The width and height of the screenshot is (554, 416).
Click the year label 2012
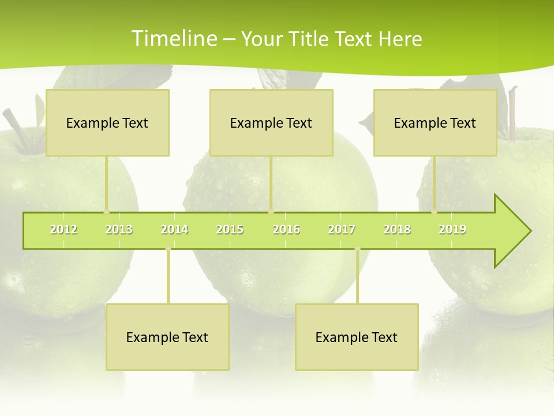63,229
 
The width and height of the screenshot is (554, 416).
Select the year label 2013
119,229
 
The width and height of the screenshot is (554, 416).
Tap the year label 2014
174,229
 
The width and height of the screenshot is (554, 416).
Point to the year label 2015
230,229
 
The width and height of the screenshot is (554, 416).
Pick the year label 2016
286,229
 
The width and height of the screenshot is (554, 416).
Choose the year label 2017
342,229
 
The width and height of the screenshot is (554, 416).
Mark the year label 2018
397,229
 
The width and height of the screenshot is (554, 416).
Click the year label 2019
452,229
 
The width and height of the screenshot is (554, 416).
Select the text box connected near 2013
107,122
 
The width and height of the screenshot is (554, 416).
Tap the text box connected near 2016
271,122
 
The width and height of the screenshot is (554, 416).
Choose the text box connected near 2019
435,122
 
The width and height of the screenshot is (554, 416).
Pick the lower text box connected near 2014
167,337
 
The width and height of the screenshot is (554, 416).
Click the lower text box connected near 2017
357,337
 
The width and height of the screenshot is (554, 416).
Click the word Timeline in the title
173,39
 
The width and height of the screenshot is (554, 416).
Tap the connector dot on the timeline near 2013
106,212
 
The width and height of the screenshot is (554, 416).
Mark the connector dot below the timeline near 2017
357,249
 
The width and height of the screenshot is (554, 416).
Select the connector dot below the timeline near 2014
168,249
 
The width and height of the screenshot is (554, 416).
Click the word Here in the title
400,39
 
